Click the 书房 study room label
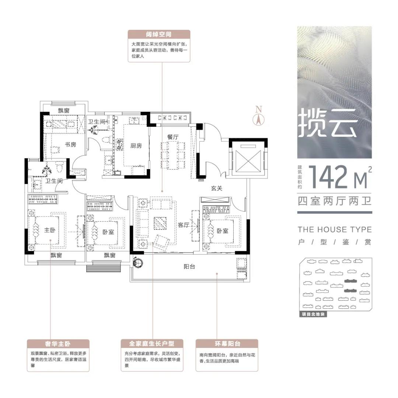point(70,144)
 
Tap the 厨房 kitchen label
point(136,146)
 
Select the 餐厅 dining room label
point(172,137)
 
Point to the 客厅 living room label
point(184,225)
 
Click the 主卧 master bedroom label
point(49,230)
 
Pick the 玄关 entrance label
point(217,188)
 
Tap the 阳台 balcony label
point(189,266)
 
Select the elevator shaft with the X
point(248,161)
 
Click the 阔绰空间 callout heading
point(158,34)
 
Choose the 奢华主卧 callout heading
point(58,344)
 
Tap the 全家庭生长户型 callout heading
point(152,344)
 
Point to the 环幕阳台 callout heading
point(227,344)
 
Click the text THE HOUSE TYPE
point(335,230)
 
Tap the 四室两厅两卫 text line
point(335,201)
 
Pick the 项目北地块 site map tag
point(313,314)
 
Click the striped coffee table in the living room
point(160,223)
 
